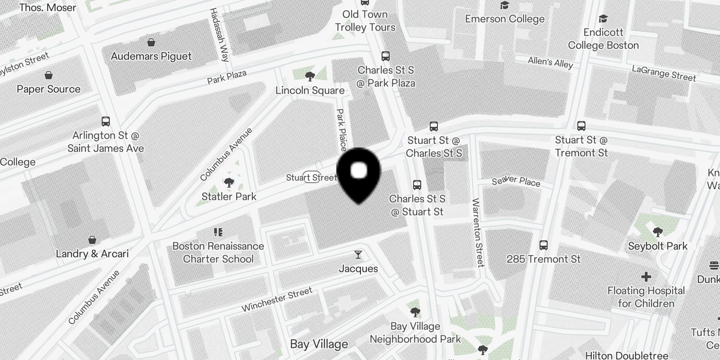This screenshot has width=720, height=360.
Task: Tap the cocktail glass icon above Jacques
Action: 358,255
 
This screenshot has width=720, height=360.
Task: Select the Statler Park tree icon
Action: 229,183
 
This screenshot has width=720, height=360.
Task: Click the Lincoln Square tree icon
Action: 310,76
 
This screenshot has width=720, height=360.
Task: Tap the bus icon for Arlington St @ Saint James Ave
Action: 106,121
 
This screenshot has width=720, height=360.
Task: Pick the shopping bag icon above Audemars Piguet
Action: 151,42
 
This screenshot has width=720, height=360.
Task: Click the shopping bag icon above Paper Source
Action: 49,75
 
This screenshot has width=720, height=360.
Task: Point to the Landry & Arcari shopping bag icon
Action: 92,240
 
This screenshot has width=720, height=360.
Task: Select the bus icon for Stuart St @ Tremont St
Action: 581,126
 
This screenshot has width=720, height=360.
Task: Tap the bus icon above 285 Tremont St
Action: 544,245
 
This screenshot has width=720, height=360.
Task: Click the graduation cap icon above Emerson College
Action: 504,5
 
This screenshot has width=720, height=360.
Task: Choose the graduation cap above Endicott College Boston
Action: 603,19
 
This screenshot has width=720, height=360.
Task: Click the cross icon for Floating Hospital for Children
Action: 646,276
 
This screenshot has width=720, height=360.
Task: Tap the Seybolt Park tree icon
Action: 657,232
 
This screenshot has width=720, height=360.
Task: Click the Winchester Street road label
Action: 277,300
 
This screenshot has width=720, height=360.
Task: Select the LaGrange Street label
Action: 664,73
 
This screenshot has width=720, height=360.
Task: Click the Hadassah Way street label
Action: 219,35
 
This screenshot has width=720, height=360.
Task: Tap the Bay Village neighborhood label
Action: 319,344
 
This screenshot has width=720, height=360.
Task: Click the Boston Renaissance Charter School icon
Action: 218,232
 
